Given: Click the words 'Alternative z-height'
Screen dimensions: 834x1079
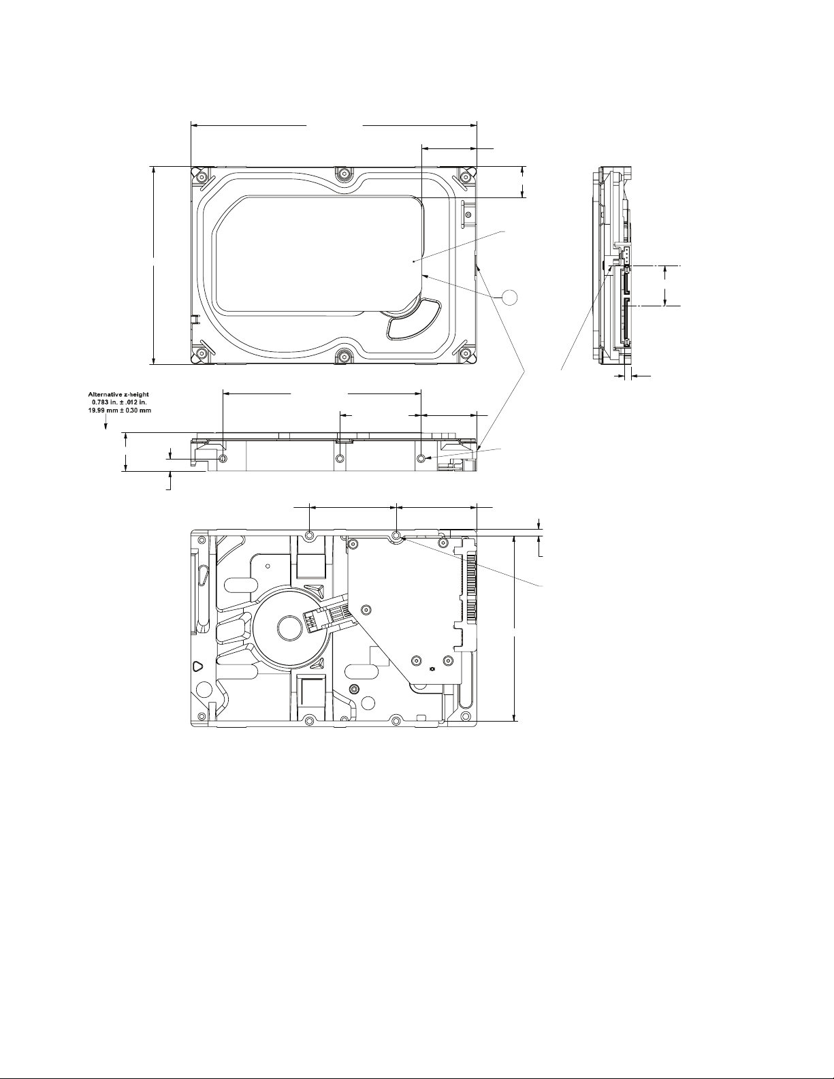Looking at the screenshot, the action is point(118,394).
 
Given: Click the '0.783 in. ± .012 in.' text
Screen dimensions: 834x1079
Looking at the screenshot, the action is point(120,402).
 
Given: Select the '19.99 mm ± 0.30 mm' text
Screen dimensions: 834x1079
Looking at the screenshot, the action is point(119,410).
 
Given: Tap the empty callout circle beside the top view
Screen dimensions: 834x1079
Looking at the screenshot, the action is point(510,297).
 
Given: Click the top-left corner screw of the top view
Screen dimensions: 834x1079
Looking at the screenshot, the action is point(201,177).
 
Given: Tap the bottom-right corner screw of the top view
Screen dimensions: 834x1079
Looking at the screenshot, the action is point(466,353).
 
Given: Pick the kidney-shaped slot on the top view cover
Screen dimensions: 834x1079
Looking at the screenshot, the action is point(413,320).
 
